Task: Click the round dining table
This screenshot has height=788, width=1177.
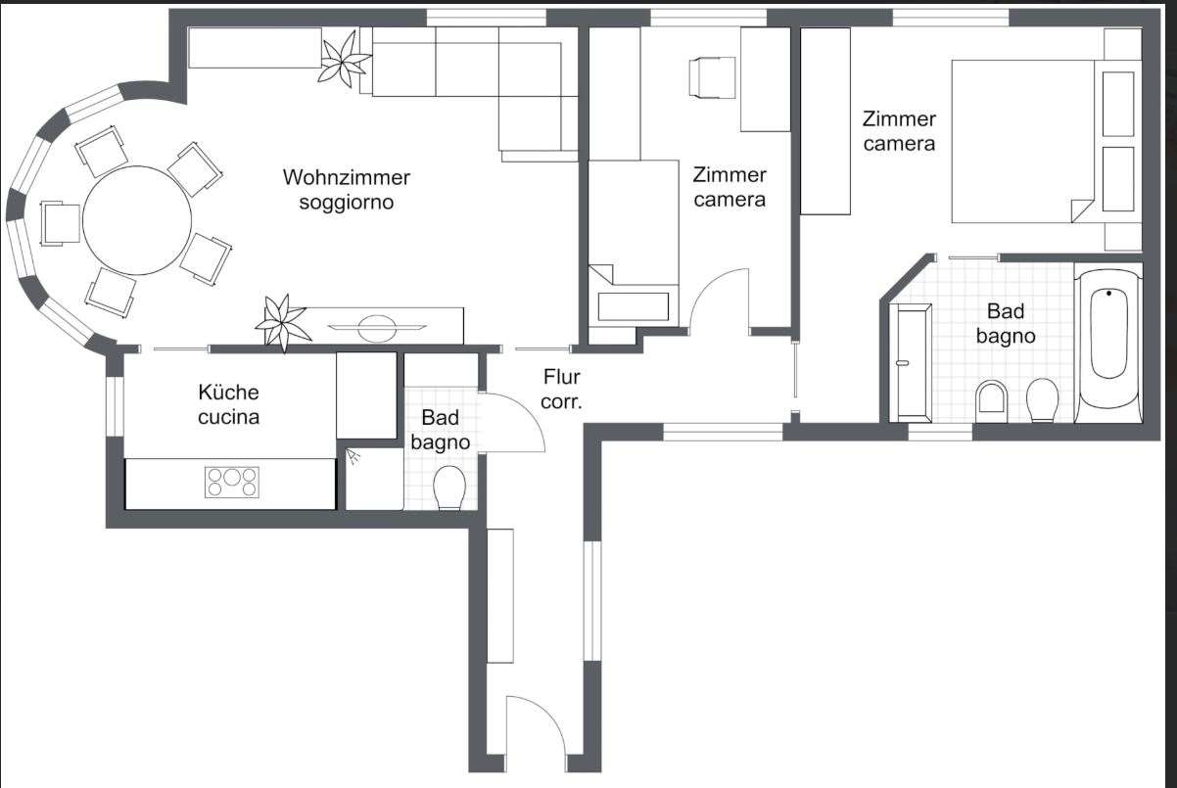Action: click(137, 220)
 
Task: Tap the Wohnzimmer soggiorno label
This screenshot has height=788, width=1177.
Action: click(347, 190)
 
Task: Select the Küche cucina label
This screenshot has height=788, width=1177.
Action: click(228, 404)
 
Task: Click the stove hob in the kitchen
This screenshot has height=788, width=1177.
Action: click(232, 483)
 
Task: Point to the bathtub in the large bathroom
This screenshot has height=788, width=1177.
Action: click(1108, 343)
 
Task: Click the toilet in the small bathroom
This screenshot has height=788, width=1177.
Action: click(449, 487)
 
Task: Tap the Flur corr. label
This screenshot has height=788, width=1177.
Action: click(561, 390)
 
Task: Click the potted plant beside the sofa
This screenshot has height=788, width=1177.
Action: click(344, 59)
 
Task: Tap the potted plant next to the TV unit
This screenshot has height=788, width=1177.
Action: click(281, 322)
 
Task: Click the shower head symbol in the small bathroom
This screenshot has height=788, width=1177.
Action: click(353, 456)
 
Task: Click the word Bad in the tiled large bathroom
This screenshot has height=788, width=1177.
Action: click(1006, 311)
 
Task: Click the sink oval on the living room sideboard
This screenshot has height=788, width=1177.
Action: click(377, 328)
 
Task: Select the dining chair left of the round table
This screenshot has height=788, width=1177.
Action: click(61, 223)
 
